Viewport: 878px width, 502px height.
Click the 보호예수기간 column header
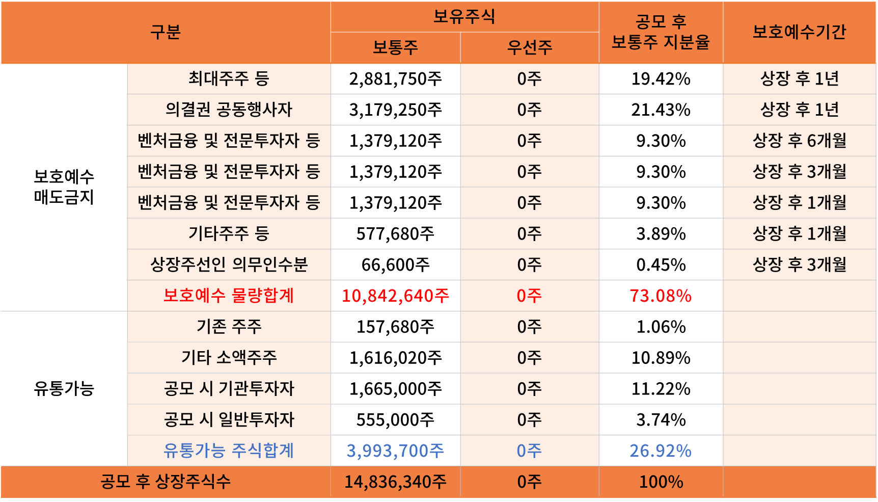click(799, 32)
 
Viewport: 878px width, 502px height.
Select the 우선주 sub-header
click(530, 47)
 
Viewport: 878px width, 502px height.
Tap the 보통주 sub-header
click(395, 47)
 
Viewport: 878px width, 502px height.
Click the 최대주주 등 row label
click(229, 78)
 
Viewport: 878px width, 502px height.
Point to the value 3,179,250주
click(395, 110)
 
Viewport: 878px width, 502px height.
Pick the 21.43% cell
click(661, 110)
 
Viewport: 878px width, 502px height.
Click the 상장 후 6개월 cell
click(799, 141)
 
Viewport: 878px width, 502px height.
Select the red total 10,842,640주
click(395, 296)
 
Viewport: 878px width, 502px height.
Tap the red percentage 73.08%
click(661, 296)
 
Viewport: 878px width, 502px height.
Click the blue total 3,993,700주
click(395, 451)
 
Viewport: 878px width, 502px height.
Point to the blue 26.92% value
click(661, 451)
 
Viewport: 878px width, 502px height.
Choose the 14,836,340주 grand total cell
click(395, 482)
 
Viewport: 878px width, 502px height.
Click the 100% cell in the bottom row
click(661, 482)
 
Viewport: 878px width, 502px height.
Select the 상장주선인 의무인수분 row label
click(229, 265)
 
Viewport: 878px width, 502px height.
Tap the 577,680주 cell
click(395, 234)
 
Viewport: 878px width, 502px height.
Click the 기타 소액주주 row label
click(229, 358)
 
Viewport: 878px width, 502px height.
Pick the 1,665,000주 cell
click(395, 389)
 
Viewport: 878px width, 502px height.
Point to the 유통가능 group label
click(64, 389)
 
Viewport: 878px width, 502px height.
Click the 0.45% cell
click(661, 265)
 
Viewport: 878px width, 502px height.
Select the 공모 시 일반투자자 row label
click(229, 419)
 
